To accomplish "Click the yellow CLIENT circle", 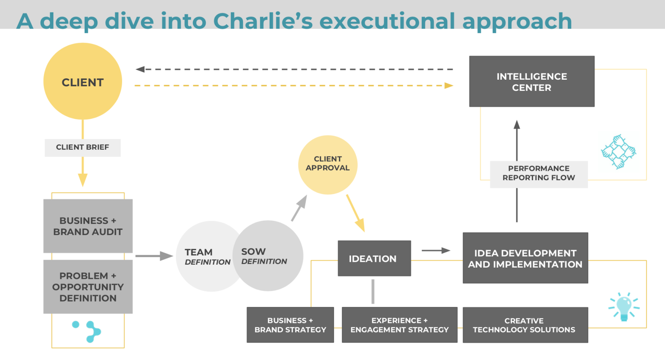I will pos(83,81).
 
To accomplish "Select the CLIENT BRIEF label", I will pos(83,148).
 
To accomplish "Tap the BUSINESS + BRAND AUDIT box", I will pos(88,226).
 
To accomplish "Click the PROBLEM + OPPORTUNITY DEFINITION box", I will pos(88,287).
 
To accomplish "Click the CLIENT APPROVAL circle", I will pos(328,165).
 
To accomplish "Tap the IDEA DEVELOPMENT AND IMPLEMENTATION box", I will pos(525,258).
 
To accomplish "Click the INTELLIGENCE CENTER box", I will pos(532,81).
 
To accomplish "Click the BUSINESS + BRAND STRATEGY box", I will pos(290,325).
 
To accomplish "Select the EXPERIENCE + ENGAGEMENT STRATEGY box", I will pos(399,325).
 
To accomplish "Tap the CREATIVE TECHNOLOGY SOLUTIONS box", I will pos(525,325).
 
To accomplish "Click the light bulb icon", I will pos(624,307).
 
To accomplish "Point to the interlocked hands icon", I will pos(618,152).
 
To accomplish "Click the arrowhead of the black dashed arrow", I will pos(140,69).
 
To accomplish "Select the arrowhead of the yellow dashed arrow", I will pos(449,86).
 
